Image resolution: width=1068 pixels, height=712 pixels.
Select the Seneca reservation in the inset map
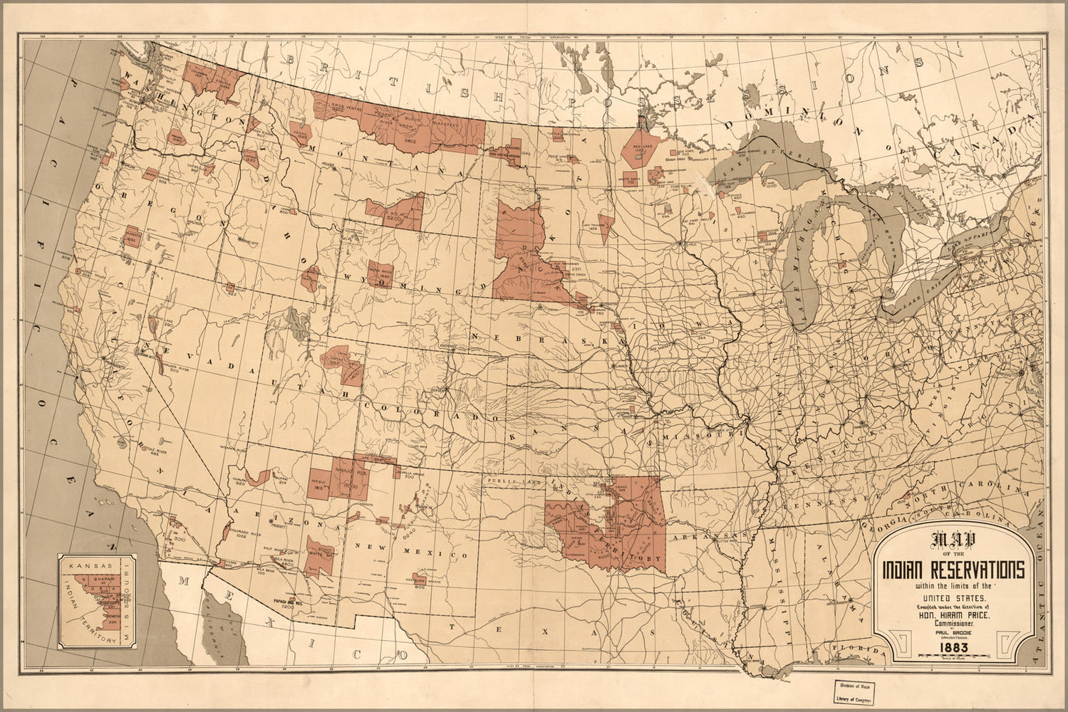[x=109, y=618]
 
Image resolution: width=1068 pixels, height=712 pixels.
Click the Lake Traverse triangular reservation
[x=606, y=224]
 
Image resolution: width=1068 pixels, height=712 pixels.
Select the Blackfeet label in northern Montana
[x=444, y=122]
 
